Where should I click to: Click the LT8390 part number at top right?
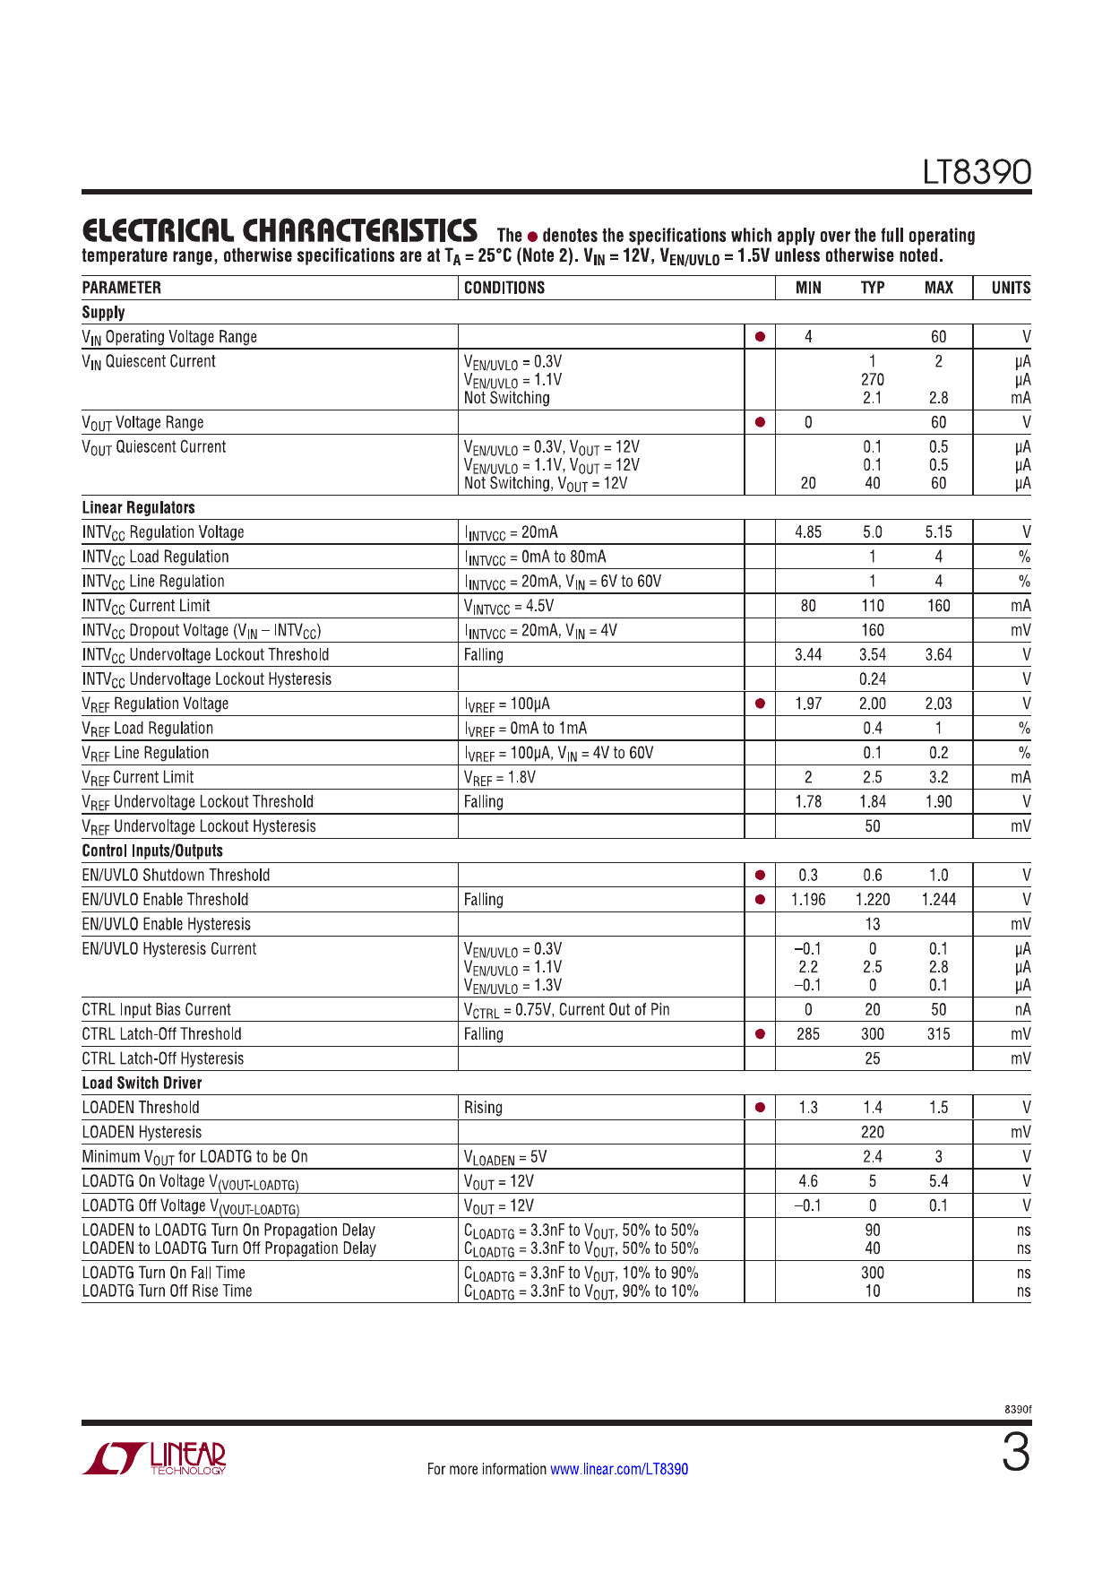[x=977, y=171]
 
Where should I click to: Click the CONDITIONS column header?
[x=504, y=288]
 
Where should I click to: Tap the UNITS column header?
[x=1010, y=288]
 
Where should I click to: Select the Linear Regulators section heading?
[x=138, y=507]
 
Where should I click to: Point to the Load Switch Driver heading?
[x=142, y=1083]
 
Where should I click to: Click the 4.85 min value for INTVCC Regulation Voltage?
[x=808, y=531]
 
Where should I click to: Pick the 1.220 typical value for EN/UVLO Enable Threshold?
[x=873, y=899]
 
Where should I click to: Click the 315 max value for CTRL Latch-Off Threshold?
[x=938, y=1033]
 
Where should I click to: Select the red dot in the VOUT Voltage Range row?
[x=760, y=422]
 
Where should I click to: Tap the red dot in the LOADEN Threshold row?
[x=760, y=1107]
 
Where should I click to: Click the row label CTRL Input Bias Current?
[x=156, y=1009]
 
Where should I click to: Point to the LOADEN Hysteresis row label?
[x=142, y=1132]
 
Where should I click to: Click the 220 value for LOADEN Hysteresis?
[x=873, y=1132]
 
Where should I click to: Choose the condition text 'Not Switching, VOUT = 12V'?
[x=546, y=483]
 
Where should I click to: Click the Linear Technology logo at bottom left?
[x=154, y=1458]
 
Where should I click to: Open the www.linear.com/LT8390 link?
[x=619, y=1469]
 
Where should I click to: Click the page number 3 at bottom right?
[x=1015, y=1454]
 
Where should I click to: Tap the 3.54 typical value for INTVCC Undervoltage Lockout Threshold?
[x=873, y=654]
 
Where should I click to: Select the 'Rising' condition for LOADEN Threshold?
[x=483, y=1107]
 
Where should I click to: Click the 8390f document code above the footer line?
[x=1017, y=1409]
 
